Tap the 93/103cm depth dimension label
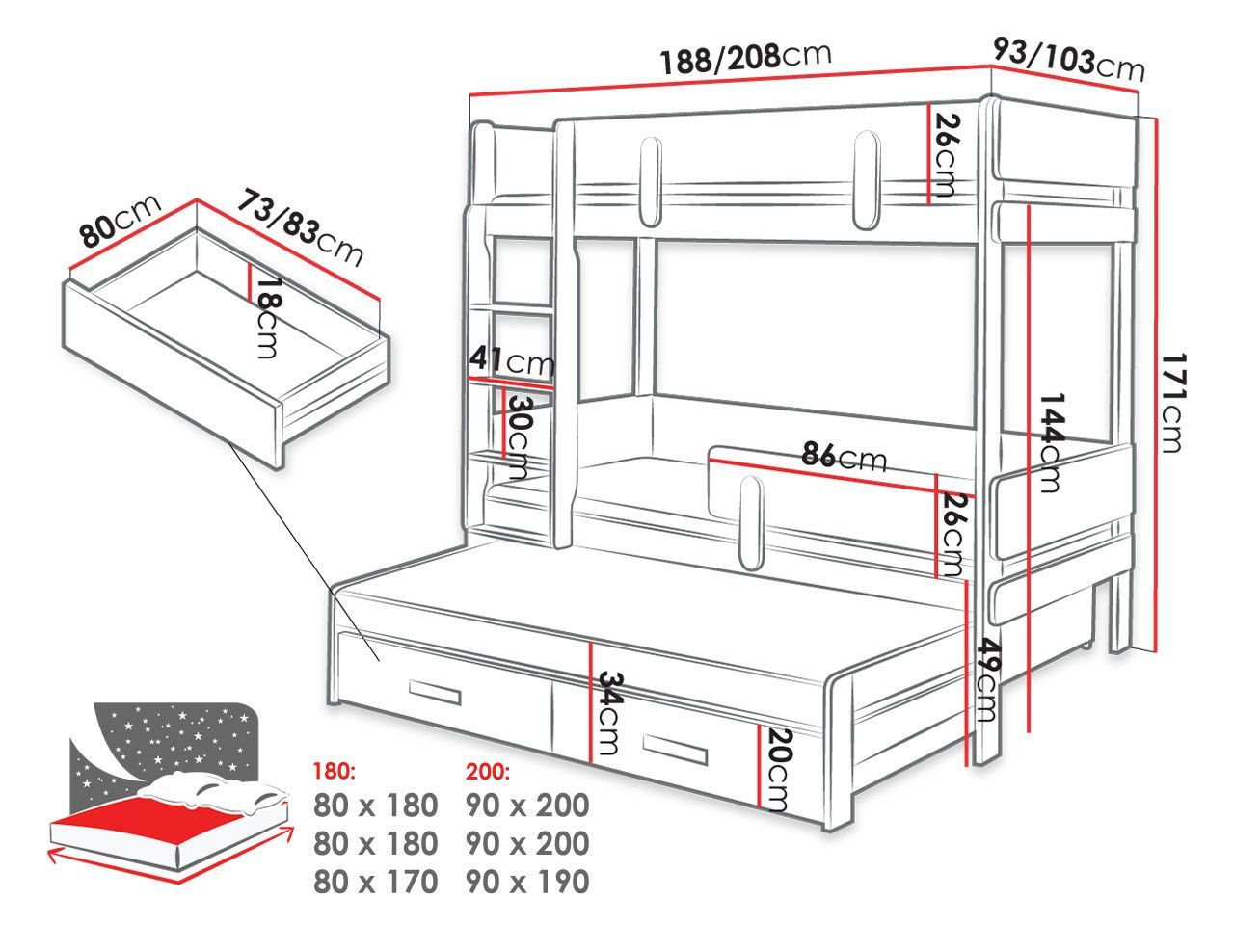click(x=1069, y=59)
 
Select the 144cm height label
click(x=1049, y=442)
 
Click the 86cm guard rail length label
click(x=844, y=456)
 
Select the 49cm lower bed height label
click(x=985, y=679)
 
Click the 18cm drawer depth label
click(x=266, y=318)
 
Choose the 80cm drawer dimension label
click(x=120, y=220)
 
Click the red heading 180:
click(x=334, y=771)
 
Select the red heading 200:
click(x=488, y=772)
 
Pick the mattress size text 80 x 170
click(x=376, y=882)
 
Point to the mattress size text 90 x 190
click(x=527, y=882)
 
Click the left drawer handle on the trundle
click(x=435, y=692)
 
